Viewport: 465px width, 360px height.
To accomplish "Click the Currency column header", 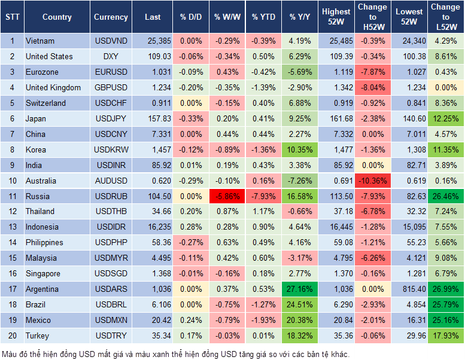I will point(111,17).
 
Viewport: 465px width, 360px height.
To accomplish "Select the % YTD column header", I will point(263,17).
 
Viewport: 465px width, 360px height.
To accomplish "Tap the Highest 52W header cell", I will point(336,17).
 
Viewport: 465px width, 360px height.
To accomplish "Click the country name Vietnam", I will point(40,41).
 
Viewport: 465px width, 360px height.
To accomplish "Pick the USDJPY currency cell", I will point(111,118).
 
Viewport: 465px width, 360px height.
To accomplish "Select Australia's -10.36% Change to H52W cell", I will point(372,181).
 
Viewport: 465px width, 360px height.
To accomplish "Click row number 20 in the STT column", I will point(12,335).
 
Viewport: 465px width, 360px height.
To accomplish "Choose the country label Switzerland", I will point(46,103).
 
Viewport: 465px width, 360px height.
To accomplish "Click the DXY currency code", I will point(111,57).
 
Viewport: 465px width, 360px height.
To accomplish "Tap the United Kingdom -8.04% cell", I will point(372,87).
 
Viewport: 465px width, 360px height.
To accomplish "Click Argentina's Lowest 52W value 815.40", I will point(409,289).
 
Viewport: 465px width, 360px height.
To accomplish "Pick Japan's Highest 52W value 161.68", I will point(336,118).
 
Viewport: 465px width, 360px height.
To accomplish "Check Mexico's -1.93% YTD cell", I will point(263,320).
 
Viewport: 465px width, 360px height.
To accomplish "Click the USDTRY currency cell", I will point(111,335).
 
